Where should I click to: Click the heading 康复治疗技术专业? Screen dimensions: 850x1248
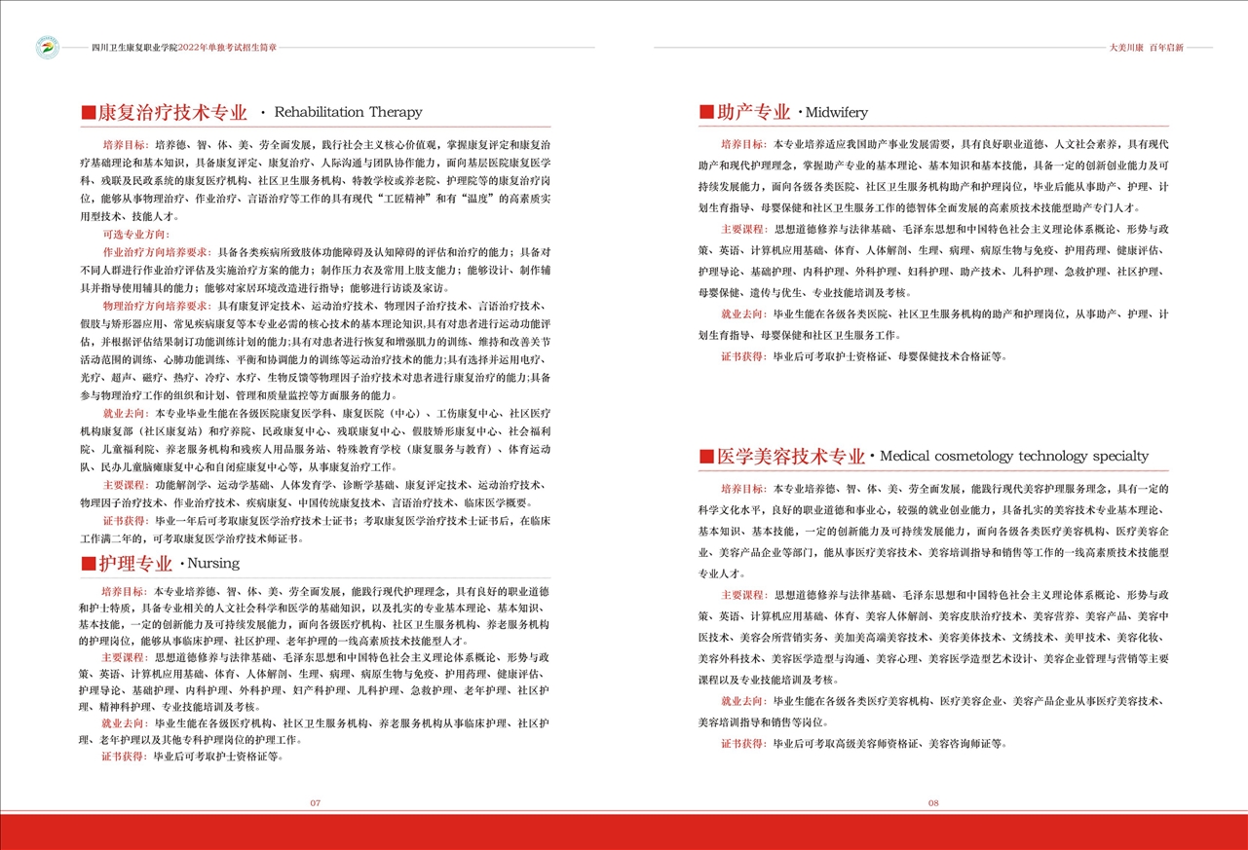pos(171,112)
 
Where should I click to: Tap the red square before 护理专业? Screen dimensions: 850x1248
pos(88,564)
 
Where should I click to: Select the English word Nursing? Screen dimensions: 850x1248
pos(212,564)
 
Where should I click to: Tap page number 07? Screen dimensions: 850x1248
pos(315,803)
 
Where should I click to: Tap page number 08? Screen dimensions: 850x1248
pos(932,803)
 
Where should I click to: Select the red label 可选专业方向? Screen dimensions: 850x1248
pos(135,235)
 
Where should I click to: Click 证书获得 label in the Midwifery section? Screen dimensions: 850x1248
pos(743,356)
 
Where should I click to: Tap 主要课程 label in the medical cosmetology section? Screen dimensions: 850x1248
pos(743,594)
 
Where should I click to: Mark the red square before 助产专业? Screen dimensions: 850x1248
pos(706,112)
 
